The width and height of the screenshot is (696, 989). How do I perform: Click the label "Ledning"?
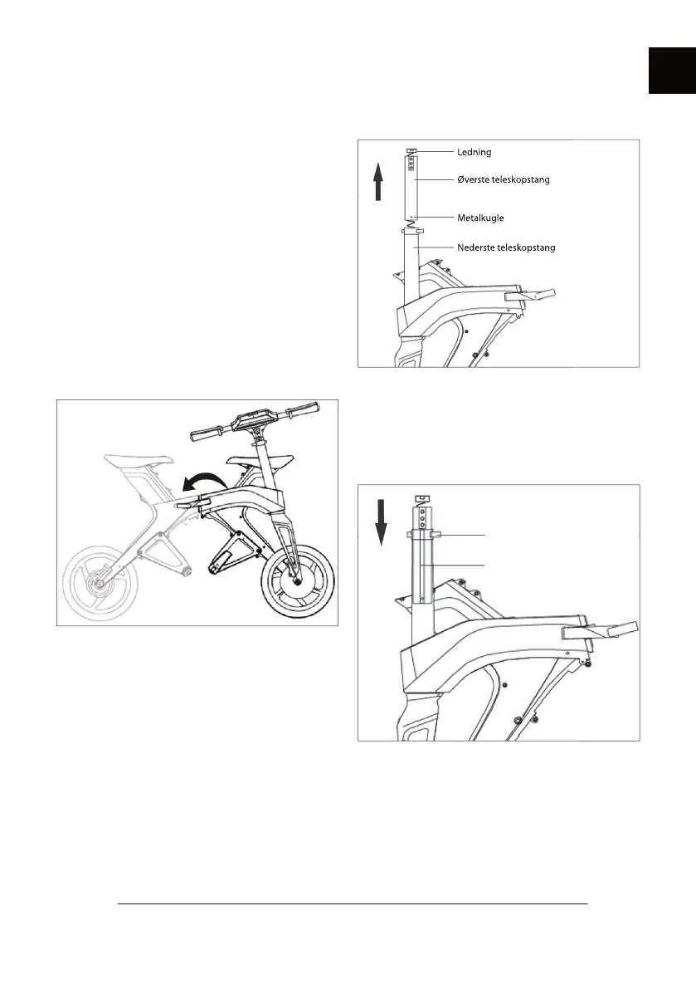tap(475, 152)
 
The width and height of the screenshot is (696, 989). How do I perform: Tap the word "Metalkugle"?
tap(480, 218)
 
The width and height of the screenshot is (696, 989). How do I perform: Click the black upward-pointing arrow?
tap(378, 182)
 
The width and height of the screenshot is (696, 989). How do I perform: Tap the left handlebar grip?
tap(203, 433)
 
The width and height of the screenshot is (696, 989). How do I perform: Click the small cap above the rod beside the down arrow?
tap(421, 499)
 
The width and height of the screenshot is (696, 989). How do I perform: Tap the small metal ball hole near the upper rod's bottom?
tap(412, 214)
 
